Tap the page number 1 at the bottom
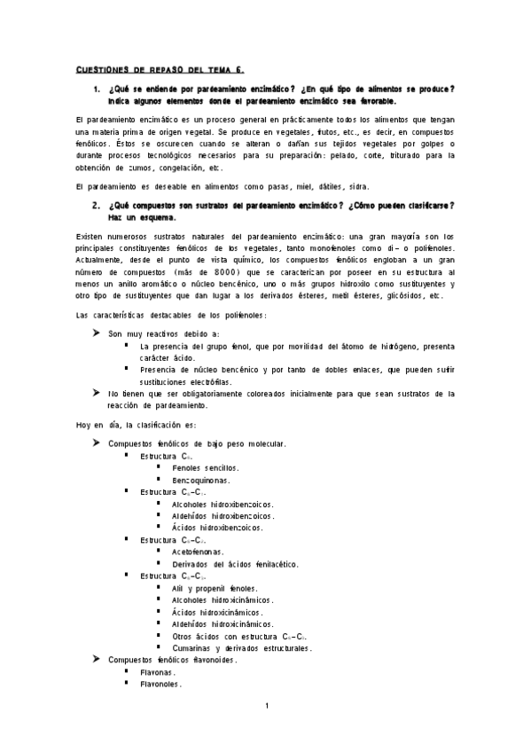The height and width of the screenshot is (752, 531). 266,706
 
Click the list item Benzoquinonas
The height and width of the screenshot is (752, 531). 201,480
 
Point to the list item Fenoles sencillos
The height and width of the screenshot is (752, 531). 206,467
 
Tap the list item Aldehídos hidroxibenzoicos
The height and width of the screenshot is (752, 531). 223,515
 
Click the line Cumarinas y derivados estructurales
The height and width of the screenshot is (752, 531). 242,648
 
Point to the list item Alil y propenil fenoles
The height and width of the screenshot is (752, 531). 215,588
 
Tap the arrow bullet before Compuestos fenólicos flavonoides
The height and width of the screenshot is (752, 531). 96,660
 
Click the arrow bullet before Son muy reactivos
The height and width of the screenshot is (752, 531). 96,333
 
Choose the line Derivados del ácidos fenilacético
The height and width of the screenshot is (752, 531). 228,564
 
